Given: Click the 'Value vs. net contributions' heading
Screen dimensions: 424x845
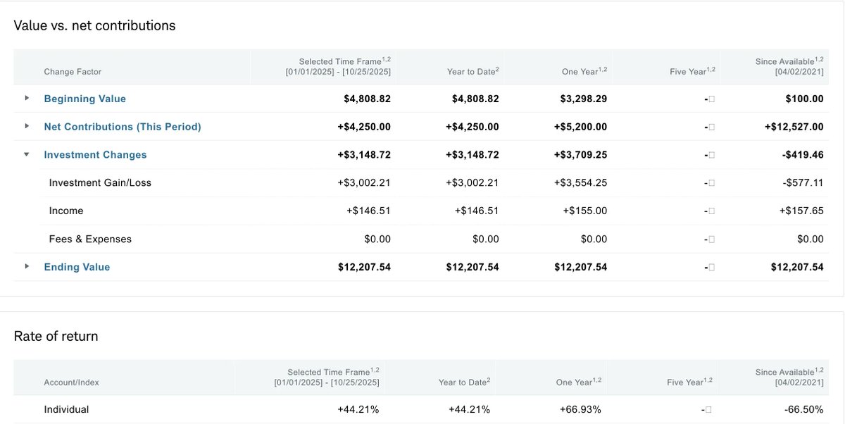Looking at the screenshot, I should point(94,26).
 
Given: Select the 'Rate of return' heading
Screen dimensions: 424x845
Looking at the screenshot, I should point(56,337).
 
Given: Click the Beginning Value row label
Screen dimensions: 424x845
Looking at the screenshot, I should point(84,99).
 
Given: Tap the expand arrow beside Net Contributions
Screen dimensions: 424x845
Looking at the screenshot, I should point(27,126).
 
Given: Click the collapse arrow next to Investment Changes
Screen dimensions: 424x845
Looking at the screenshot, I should point(27,154).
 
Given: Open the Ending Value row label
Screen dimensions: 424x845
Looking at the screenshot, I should point(77,267).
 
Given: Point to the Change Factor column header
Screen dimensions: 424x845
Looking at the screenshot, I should point(73,72).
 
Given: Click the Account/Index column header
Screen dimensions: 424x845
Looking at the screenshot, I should point(71,382).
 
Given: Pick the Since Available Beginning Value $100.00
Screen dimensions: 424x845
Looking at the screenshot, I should point(804,99).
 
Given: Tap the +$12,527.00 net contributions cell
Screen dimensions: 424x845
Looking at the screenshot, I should point(794,127).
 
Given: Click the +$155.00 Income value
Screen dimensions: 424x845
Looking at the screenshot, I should point(584,211).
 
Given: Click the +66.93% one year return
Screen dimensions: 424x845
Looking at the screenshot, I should point(580,410).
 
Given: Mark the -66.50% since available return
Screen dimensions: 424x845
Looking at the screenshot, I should point(803,410).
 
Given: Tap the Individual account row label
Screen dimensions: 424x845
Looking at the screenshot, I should point(66,410).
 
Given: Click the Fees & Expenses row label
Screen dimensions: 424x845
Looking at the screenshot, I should point(90,239).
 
